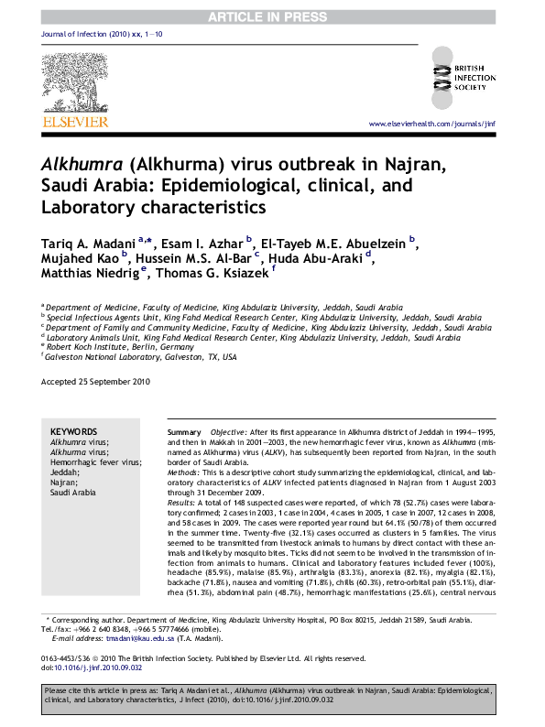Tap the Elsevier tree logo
[x=82, y=81]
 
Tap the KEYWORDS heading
[x=73, y=431]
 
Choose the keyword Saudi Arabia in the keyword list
[x=72, y=493]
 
